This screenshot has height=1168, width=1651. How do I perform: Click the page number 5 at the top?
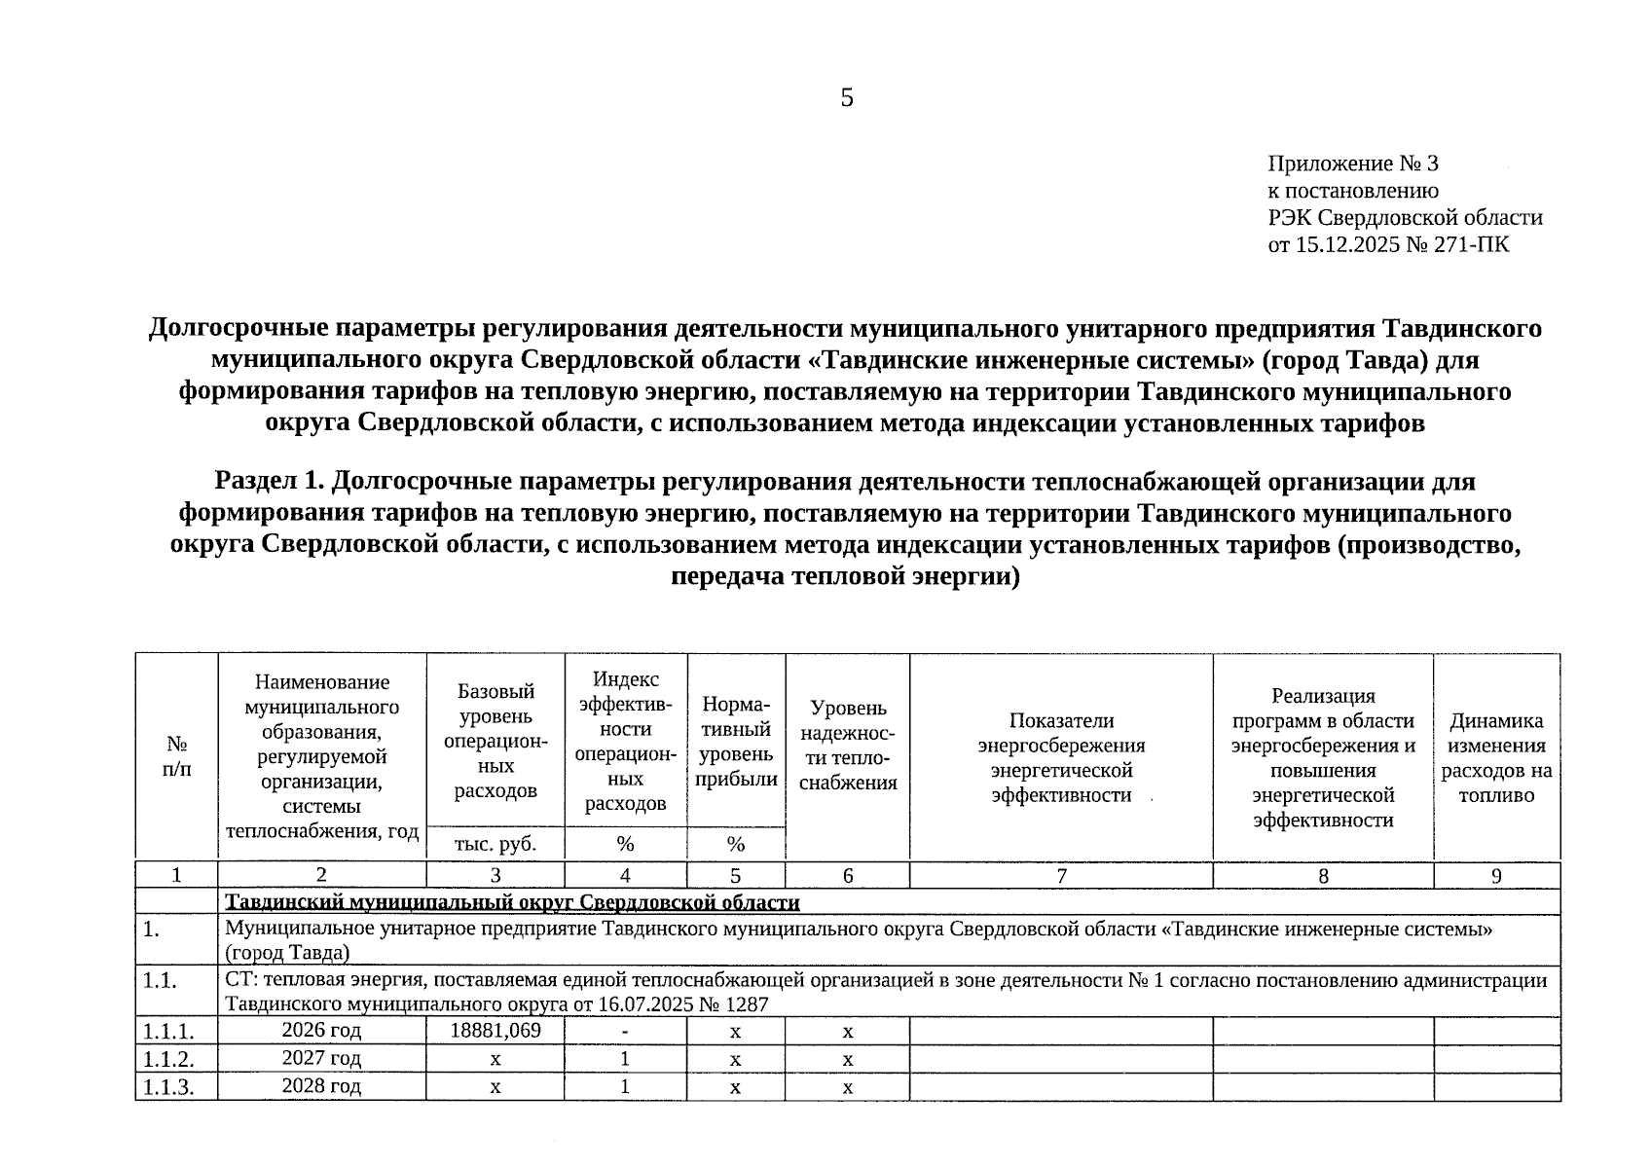(846, 97)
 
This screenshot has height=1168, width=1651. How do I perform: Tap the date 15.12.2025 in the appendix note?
(1346, 243)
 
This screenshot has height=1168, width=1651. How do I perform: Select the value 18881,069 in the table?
(495, 1030)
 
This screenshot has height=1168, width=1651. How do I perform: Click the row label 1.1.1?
(167, 1031)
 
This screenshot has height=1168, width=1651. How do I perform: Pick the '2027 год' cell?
(321, 1058)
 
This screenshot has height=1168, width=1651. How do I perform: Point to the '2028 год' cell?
(321, 1086)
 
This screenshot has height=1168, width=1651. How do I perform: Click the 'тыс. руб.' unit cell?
(495, 843)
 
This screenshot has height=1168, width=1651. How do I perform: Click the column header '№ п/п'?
(176, 756)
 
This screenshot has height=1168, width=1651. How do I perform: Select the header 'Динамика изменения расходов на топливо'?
(1496, 757)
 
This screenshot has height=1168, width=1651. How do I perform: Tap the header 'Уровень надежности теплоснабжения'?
(847, 745)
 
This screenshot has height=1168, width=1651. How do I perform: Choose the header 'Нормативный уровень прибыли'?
(736, 741)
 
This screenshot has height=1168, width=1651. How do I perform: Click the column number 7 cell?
(1061, 875)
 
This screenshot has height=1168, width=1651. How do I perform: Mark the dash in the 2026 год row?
(625, 1031)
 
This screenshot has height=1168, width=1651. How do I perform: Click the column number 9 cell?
(1496, 875)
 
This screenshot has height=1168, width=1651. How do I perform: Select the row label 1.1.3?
(167, 1087)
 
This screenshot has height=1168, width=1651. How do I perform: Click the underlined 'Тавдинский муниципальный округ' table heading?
(512, 902)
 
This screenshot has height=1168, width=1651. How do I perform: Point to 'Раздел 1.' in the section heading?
(268, 481)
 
